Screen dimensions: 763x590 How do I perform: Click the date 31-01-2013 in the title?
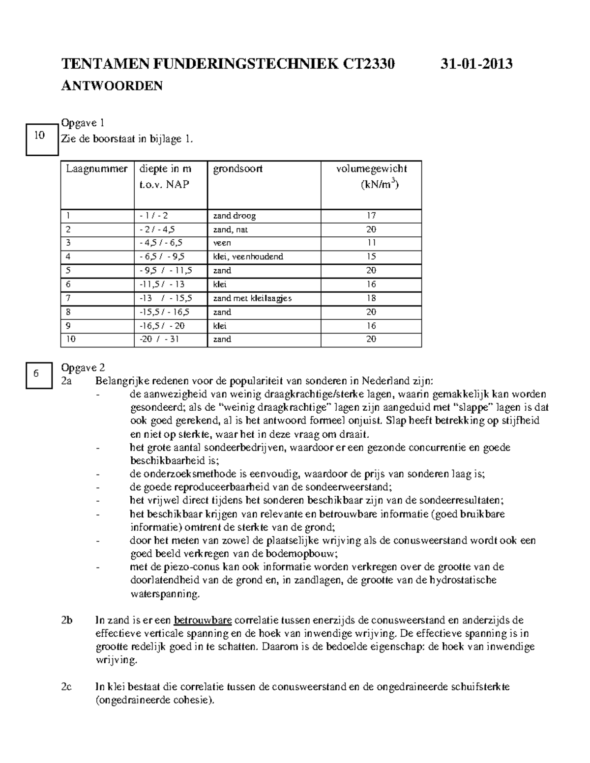476,64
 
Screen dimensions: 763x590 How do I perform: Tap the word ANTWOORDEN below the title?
112,86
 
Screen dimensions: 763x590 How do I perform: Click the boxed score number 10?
39,136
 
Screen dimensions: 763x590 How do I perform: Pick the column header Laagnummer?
97,169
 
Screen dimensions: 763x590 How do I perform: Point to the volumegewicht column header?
371,169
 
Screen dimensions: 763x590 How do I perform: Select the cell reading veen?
222,243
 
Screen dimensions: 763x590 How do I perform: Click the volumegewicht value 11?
371,243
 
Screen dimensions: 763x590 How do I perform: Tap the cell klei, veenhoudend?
248,256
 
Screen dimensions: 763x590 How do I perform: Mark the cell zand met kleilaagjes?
252,298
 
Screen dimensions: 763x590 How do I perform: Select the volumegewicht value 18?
371,298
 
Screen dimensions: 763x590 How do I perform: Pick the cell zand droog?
234,216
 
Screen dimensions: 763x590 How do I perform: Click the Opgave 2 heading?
83,367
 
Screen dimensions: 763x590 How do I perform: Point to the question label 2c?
67,687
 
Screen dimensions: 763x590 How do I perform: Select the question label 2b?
67,620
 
